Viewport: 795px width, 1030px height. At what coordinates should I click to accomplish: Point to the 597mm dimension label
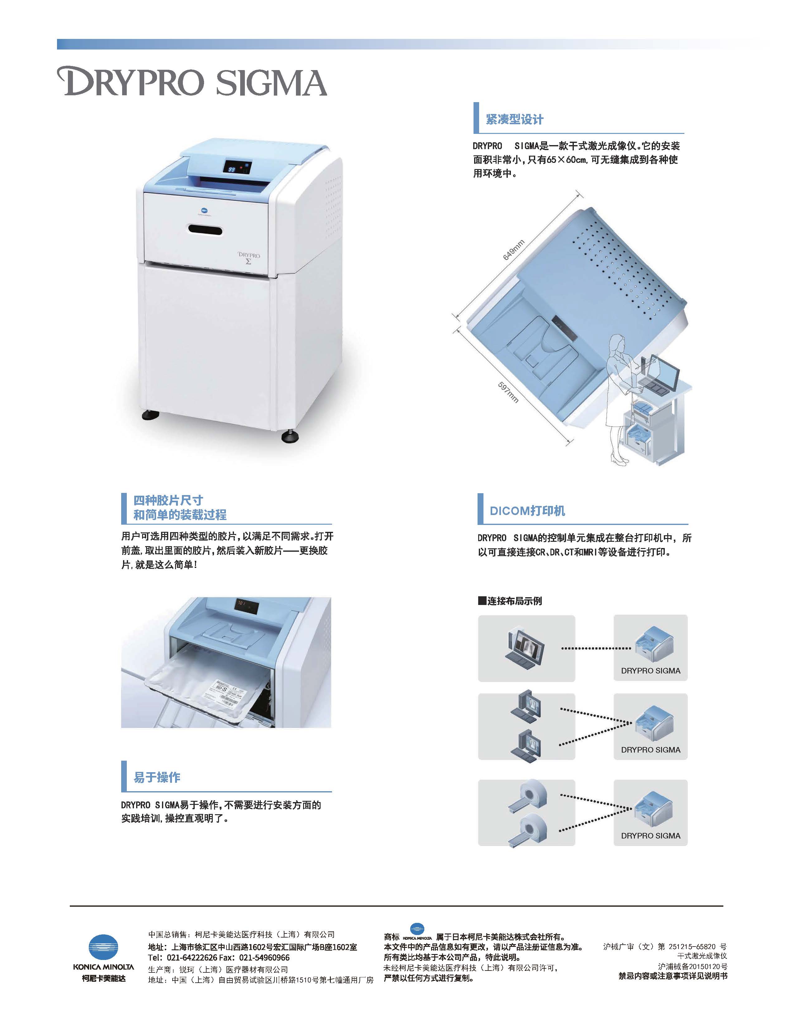click(x=508, y=392)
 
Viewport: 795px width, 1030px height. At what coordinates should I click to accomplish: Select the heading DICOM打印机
click(x=527, y=511)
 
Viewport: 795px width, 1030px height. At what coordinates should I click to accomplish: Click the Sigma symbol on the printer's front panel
click(x=248, y=261)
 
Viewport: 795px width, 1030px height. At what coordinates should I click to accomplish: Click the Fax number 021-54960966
click(x=264, y=957)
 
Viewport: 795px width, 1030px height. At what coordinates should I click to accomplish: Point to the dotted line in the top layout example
click(x=596, y=649)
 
